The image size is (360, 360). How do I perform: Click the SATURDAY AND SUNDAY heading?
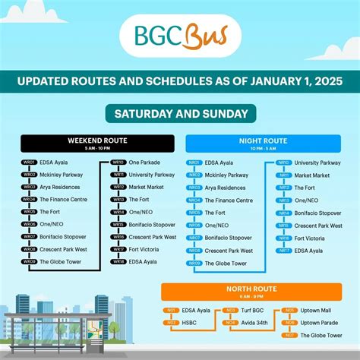click(179, 114)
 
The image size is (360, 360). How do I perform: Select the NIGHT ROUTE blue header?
click(264, 144)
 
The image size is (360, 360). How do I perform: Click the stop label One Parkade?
click(145, 162)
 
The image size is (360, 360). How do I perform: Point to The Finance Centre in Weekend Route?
click(63, 199)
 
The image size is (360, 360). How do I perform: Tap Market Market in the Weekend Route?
click(147, 187)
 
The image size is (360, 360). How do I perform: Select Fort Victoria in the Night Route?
click(309, 238)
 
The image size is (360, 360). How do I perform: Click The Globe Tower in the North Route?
click(321, 335)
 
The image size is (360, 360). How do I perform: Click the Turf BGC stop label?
click(254, 311)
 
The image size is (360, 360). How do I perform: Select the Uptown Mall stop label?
click(318, 311)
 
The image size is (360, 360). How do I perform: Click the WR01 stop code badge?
click(29, 162)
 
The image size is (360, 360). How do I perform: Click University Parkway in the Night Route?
click(317, 162)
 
